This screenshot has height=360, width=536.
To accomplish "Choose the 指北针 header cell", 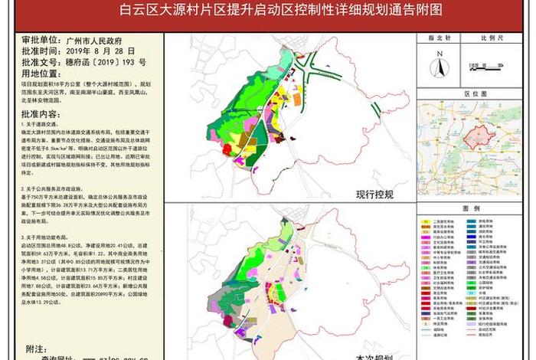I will point(440,35).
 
